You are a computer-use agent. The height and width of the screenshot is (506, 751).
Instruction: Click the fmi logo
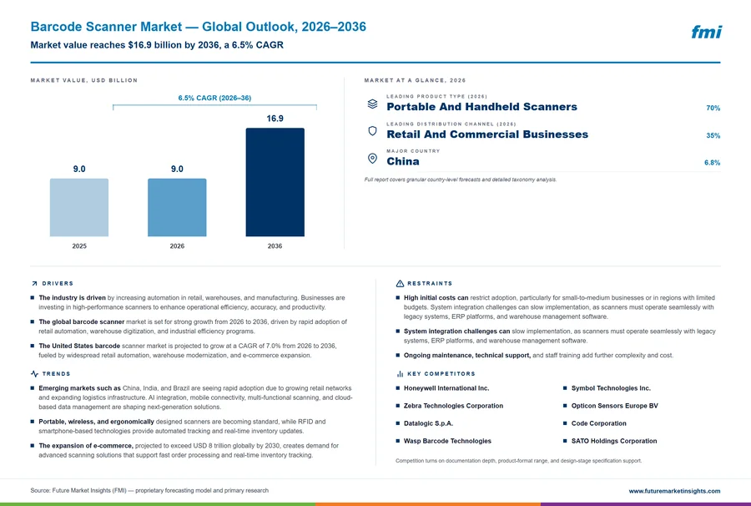707,32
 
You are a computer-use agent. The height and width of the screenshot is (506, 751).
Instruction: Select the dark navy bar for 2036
275,182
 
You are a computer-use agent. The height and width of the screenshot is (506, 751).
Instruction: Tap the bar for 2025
79,207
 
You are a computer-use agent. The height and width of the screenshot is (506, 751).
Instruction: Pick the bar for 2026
177,207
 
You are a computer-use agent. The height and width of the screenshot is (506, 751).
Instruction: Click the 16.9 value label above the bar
275,119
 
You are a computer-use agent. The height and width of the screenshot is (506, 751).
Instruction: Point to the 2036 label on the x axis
275,245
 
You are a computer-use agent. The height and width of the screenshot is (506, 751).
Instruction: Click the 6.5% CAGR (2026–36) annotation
214,98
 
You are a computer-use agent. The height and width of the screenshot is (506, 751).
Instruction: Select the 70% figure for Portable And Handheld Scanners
713,108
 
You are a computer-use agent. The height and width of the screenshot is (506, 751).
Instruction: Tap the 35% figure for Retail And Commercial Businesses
713,135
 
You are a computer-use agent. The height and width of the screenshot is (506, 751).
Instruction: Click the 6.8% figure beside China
713,163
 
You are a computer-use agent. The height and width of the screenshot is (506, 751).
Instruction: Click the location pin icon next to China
372,159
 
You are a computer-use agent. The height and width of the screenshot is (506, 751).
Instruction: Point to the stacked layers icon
372,104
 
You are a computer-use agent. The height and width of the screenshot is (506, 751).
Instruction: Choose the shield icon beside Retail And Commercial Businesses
372,131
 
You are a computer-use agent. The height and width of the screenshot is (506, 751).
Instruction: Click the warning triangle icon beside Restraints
400,284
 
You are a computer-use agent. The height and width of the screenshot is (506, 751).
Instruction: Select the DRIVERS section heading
58,284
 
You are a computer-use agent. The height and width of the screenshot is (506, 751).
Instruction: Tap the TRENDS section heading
56,374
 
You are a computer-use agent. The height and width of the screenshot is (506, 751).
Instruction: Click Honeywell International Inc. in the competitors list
446,388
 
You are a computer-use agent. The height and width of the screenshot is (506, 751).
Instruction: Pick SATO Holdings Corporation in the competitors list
614,441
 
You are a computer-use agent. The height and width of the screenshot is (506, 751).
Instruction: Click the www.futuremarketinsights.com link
674,491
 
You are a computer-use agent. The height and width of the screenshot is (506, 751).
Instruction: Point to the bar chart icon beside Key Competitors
400,374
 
